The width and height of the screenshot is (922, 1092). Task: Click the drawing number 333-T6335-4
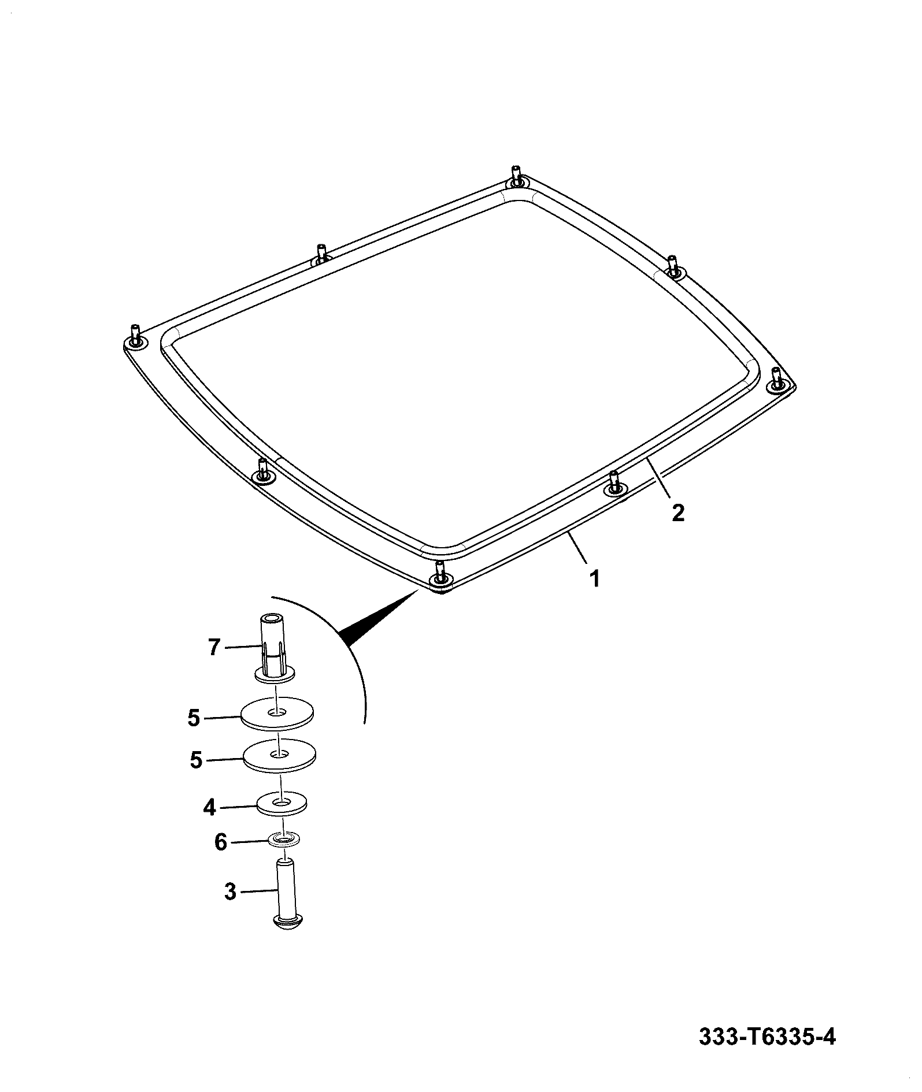coord(767,1037)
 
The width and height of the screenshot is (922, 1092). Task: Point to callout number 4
coord(209,807)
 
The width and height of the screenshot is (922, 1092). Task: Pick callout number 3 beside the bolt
coord(229,908)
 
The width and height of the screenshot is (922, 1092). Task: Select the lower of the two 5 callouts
coord(196,760)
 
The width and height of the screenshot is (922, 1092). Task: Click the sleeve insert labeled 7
coord(273,650)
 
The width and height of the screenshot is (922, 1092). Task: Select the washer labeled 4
coord(282,804)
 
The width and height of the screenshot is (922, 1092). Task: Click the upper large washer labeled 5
coord(277,716)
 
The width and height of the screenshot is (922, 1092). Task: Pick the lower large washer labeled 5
coord(280,755)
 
